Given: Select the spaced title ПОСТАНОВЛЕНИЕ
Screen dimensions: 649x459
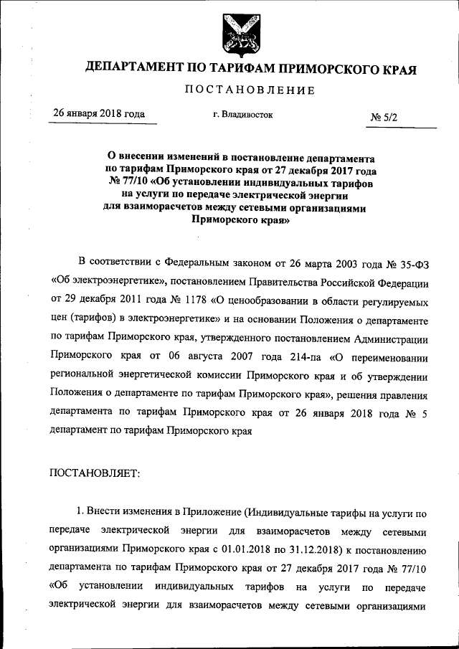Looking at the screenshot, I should [x=250, y=90].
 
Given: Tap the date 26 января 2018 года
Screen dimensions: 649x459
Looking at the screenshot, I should [x=99, y=114].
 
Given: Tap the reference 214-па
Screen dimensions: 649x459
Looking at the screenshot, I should [x=290, y=356].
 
